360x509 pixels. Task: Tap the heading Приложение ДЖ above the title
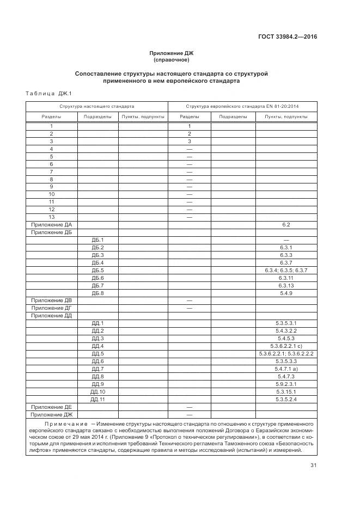[x=172, y=53]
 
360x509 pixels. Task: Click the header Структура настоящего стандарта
[x=97, y=106]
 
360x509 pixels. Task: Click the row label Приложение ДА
[x=51, y=224]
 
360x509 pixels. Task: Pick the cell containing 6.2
[x=286, y=224]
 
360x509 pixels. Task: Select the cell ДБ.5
[x=97, y=270]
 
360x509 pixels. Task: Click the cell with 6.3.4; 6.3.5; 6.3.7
[x=286, y=270]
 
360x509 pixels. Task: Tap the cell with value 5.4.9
[x=286, y=293]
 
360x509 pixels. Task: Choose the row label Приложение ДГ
[x=51, y=308]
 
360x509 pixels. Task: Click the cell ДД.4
[x=97, y=346]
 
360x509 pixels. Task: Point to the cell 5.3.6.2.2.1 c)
[x=286, y=346]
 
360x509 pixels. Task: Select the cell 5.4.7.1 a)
[x=286, y=369]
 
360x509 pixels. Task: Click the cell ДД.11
[x=97, y=400]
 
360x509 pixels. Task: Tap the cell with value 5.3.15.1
[x=286, y=392]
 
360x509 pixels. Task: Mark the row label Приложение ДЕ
[x=51, y=407]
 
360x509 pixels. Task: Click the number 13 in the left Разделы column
[x=51, y=217]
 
